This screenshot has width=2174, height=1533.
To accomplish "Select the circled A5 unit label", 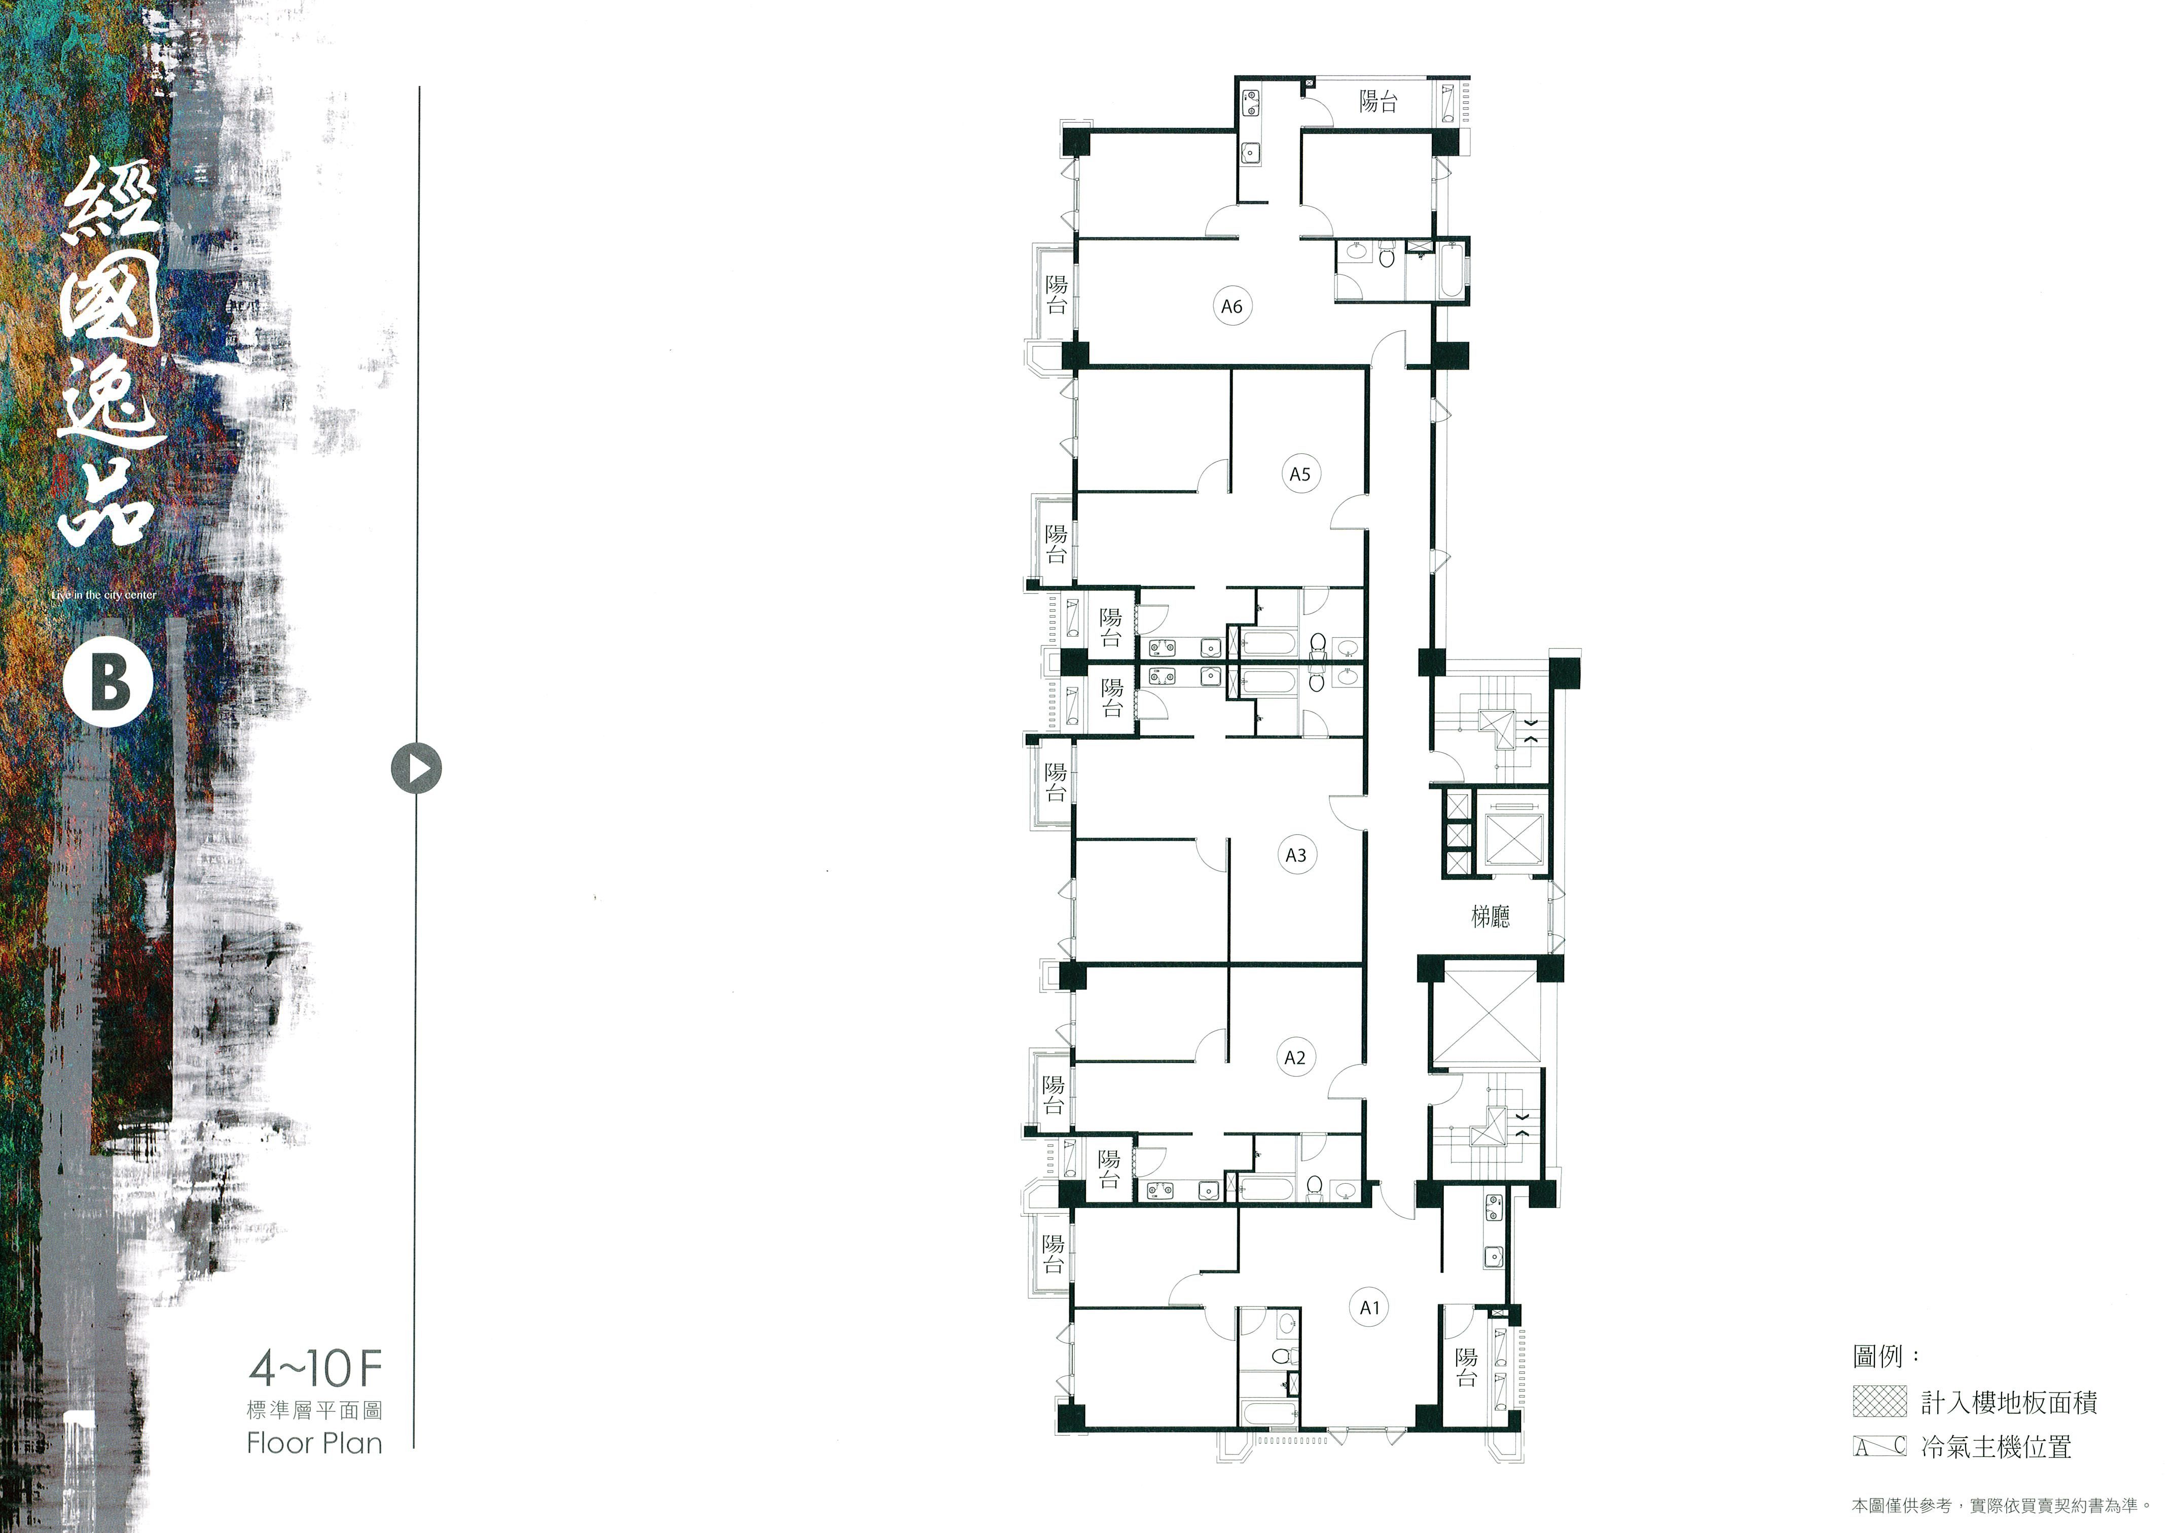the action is (x=1300, y=473).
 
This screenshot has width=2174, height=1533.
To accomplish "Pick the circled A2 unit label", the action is (x=1295, y=1057).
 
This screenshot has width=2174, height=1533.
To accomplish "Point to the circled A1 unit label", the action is (x=1370, y=1307).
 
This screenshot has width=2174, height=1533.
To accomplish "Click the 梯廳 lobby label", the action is (x=1491, y=916).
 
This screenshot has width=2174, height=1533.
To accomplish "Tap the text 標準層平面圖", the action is (x=314, y=1410).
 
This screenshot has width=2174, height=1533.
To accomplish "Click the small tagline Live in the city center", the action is (x=104, y=595).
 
